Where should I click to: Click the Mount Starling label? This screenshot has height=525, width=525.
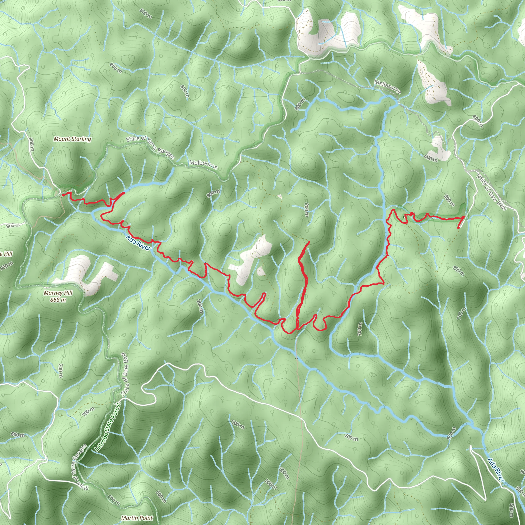click(72, 139)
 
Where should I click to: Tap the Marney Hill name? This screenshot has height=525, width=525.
click(58, 293)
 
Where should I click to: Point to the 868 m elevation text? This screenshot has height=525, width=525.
click(58, 300)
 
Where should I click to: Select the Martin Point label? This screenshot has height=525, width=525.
click(137, 518)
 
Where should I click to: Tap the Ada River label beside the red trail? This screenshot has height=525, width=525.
click(138, 243)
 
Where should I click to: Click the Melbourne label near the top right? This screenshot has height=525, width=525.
click(387, 87)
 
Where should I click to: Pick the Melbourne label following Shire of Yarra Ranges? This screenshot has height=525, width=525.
click(203, 165)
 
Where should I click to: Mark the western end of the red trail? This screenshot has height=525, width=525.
click(63, 195)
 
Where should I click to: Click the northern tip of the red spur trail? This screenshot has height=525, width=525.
click(309, 242)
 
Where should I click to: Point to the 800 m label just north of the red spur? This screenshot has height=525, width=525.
click(307, 210)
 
